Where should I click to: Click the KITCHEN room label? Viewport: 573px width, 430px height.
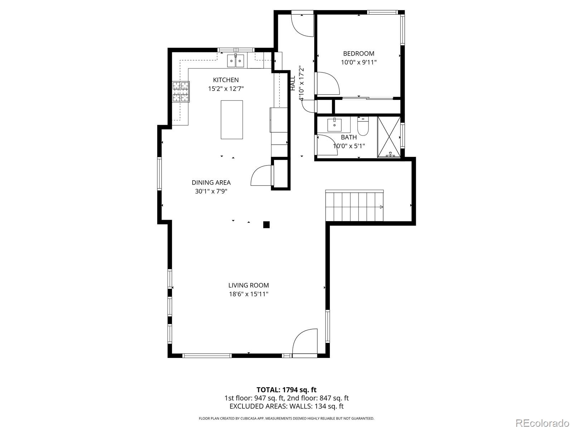pos(226,80)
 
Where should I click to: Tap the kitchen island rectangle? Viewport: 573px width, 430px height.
pos(232,120)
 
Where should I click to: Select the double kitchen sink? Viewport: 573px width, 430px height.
pos(235,61)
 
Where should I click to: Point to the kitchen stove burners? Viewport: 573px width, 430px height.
pos(180,92)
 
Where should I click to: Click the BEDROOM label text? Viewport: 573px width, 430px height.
pos(359,53)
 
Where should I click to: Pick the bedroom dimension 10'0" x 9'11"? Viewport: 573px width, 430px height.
pos(359,62)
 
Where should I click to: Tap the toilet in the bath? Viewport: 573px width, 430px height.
pos(362,126)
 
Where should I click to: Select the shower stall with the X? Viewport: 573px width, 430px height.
pos(389,137)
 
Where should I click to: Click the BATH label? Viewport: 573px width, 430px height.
pos(349,137)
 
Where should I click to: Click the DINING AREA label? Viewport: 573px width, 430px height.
pos(211,182)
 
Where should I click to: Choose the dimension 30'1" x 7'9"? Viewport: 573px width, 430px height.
pos(211,191)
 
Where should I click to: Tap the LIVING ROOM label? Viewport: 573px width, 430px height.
pos(249,285)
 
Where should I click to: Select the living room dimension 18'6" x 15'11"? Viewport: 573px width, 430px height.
pos(249,294)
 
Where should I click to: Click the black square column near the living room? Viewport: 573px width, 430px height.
pos(266,225)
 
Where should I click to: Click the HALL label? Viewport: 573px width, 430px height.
pos(293,83)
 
